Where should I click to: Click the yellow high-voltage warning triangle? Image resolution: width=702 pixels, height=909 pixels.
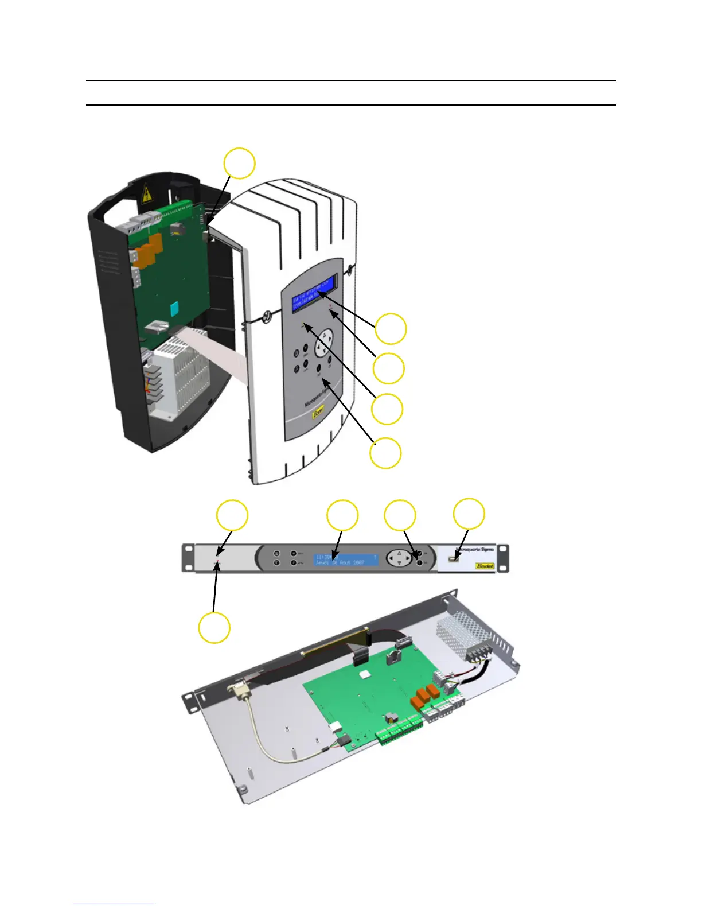[x=147, y=194]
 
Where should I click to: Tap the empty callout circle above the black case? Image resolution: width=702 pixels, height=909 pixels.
[x=239, y=164]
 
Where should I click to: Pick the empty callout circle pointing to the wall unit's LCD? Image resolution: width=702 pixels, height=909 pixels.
[x=391, y=329]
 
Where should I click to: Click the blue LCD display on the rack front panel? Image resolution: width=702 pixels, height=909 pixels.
[x=346, y=560]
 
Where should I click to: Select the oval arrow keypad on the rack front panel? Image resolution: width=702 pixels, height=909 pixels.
[x=399, y=558]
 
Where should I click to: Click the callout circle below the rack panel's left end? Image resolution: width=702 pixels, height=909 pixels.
[x=214, y=627]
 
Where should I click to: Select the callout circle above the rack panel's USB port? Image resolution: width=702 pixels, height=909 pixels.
[x=469, y=513]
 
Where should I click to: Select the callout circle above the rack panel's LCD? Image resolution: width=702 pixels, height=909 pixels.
[x=342, y=515]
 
